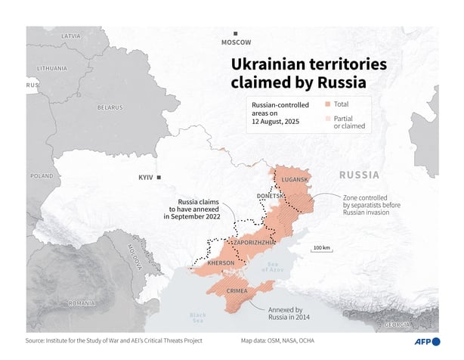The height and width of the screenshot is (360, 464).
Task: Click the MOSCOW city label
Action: click(x=236, y=43)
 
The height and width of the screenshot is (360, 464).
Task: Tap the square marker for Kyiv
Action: click(x=169, y=177)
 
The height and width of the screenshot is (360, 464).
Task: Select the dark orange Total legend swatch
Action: click(x=327, y=105)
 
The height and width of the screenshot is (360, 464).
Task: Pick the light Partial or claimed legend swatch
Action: click(x=327, y=118)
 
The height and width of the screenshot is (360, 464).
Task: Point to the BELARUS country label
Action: click(x=110, y=107)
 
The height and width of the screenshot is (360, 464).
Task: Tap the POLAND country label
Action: click(x=41, y=175)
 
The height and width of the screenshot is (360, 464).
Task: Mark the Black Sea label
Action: click(x=197, y=317)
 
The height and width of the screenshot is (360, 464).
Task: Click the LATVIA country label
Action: click(x=71, y=36)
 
